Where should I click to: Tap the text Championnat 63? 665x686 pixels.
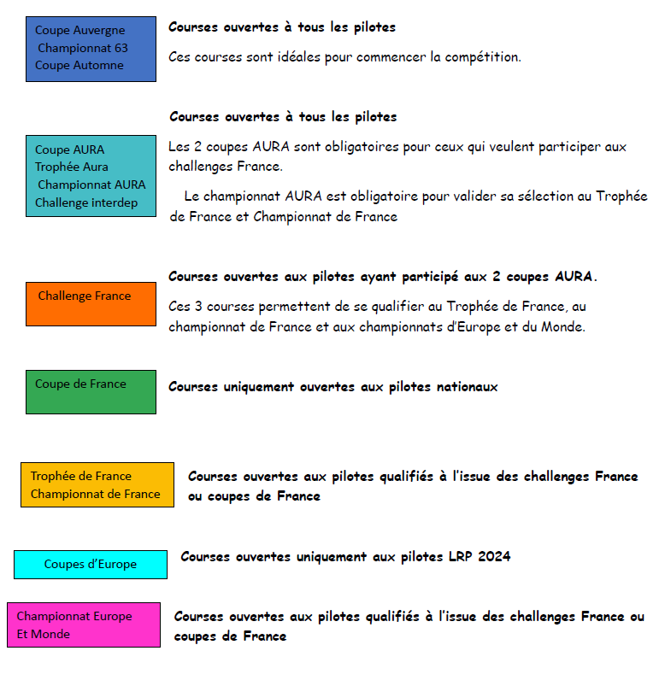coord(82,48)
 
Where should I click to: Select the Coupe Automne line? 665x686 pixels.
coord(79,65)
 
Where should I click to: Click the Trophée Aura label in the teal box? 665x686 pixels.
coord(71,167)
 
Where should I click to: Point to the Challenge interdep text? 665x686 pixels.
coord(85,202)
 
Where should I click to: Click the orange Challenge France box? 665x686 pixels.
coord(91,304)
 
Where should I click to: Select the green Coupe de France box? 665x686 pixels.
coord(91,391)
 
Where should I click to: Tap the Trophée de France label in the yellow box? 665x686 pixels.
coord(80,476)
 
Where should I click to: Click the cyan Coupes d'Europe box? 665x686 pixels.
coord(90,565)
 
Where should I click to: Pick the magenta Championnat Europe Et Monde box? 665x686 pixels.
coord(84,624)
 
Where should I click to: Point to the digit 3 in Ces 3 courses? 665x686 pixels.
coord(197,306)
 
